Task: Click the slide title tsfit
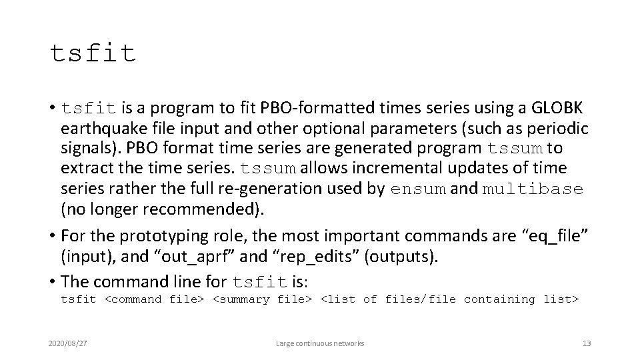93,53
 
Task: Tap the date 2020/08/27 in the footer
67,343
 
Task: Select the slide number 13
587,343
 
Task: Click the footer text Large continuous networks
320,343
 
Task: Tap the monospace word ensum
419,189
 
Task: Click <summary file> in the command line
262,300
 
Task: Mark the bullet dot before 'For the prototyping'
52,235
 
